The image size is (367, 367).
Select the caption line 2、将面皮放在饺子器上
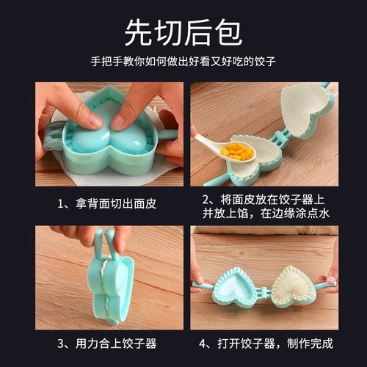pyautogui.click(x=265, y=199)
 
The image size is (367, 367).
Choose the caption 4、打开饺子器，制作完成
pyautogui.click(x=265, y=343)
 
